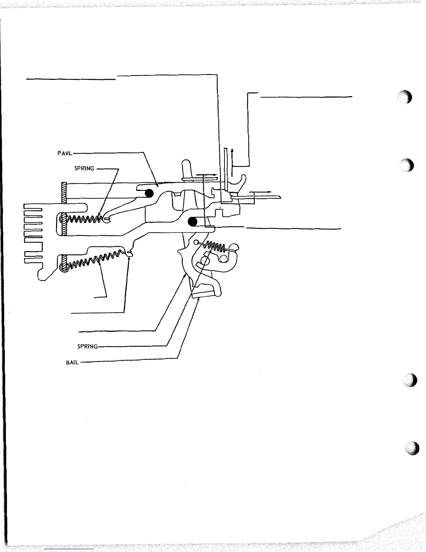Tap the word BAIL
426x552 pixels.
pyautogui.click(x=72, y=362)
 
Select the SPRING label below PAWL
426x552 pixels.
pyautogui.click(x=84, y=169)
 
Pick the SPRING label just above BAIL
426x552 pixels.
pyautogui.click(x=87, y=347)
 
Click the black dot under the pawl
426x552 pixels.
pyautogui.click(x=150, y=193)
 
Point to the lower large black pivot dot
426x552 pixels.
pyautogui.click(x=193, y=221)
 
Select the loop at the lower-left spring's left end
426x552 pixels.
pyautogui.click(x=64, y=268)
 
